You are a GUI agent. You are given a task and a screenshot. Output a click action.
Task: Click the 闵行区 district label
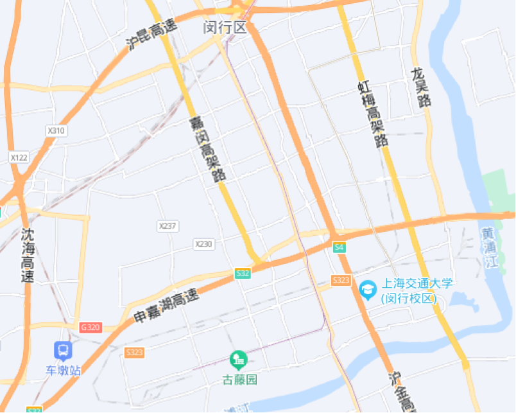click(225, 28)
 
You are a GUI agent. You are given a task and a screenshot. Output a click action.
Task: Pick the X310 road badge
click(56, 130)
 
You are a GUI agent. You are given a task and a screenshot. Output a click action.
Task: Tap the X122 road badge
click(19, 157)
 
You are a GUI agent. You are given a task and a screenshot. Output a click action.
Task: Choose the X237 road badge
click(168, 226)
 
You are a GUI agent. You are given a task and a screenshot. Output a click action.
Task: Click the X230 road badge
click(203, 244)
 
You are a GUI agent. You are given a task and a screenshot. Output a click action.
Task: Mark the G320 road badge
click(90, 328)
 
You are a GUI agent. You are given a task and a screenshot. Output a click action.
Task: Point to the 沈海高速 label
click(28, 256)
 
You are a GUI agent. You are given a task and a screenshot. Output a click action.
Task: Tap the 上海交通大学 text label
click(417, 283)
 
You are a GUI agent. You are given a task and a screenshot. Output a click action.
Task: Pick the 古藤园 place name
click(239, 379)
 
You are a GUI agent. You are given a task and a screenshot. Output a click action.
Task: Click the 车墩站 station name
click(63, 371)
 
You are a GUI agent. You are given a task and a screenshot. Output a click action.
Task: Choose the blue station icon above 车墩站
click(63, 351)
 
